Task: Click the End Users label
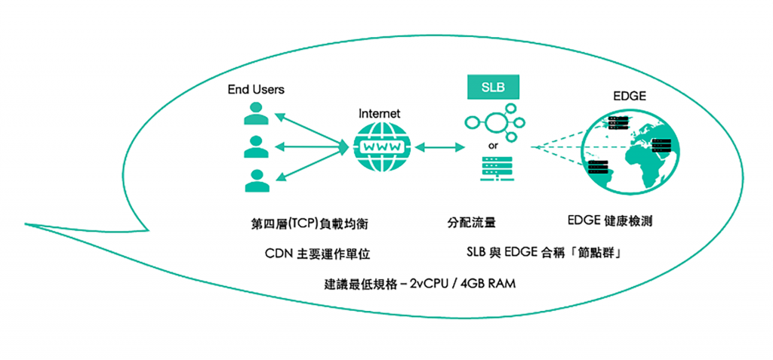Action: [x=256, y=90]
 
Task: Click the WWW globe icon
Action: [x=379, y=146]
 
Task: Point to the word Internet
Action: [x=379, y=113]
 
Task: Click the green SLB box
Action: [x=493, y=86]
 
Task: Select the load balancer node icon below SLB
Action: [x=493, y=123]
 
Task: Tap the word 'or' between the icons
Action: [x=493, y=145]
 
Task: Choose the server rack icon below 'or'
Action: [x=493, y=168]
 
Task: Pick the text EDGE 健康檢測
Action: [x=609, y=222]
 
